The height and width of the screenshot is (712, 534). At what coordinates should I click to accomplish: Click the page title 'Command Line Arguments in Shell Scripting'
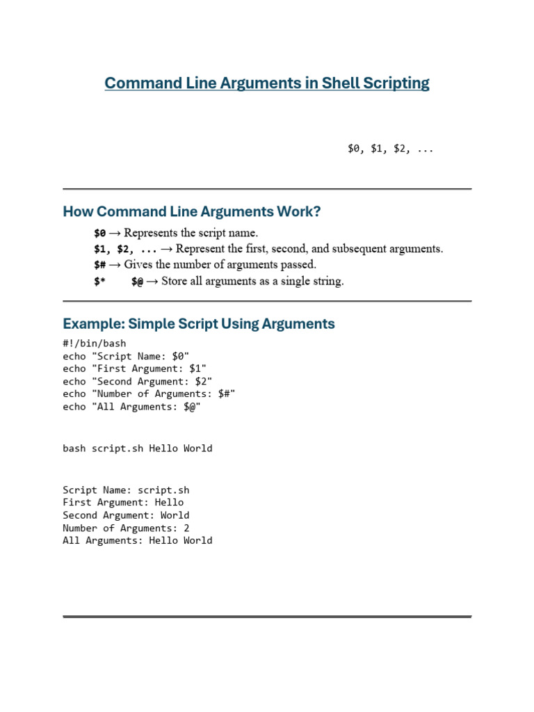267,83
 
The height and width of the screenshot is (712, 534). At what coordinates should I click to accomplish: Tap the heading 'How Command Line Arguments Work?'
192,211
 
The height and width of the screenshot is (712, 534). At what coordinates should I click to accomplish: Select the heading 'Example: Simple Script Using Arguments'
199,324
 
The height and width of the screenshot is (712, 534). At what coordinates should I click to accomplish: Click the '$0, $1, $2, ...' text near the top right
390,148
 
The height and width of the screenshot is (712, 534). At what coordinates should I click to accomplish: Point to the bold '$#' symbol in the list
99,265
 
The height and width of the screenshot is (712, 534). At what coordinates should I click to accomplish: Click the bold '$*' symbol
99,282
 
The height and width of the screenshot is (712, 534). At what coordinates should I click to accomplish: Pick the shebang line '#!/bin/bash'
95,343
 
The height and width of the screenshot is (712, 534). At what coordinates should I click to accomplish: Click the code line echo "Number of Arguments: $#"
149,394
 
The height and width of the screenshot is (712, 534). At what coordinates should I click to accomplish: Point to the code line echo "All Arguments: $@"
132,407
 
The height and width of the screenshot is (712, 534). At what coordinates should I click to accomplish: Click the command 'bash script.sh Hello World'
138,448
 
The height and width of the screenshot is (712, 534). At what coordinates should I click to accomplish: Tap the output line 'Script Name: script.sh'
126,489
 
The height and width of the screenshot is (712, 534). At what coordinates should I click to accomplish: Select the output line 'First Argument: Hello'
123,502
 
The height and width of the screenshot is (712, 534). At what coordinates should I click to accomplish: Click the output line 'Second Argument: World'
126,515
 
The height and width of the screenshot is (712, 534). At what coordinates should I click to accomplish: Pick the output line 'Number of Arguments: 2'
126,528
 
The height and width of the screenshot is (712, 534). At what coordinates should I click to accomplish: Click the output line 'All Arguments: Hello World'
138,540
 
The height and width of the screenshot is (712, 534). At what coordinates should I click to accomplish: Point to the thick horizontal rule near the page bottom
267,616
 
